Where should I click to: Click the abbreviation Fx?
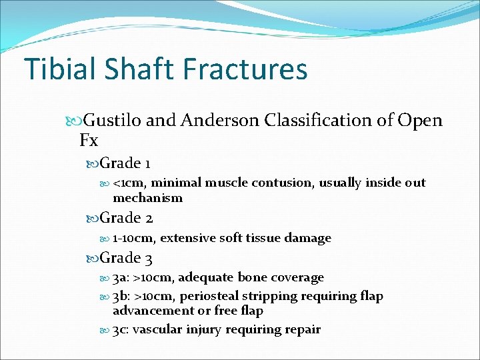[89, 141]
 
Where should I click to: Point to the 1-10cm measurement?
[134, 238]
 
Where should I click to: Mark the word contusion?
[297, 183]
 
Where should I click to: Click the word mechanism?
[147, 198]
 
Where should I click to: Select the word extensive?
[190, 238]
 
